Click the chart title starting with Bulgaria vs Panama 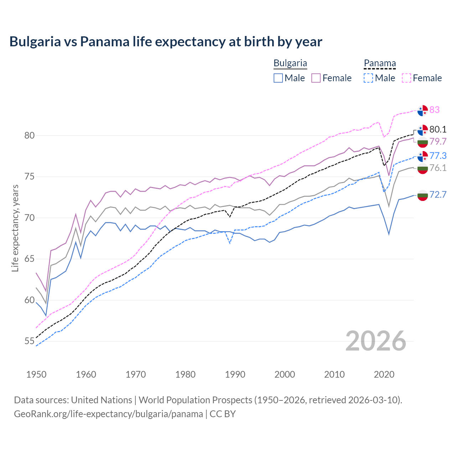(166, 42)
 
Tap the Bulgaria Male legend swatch (278, 78)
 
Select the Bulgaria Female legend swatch (316, 78)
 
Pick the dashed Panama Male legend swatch (368, 78)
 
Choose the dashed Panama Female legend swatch (406, 78)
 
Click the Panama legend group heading (380, 63)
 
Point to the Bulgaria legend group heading (290, 63)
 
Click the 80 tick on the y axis (29, 135)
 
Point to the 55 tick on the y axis (29, 341)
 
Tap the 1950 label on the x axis (36, 374)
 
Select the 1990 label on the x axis (235, 374)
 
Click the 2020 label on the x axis (384, 374)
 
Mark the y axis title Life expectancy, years (15, 228)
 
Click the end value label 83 (434, 110)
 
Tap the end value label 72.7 (438, 195)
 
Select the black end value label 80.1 (438, 129)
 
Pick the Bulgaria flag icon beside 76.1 (423, 169)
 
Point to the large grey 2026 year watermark (376, 341)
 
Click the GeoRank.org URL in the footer (108, 414)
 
